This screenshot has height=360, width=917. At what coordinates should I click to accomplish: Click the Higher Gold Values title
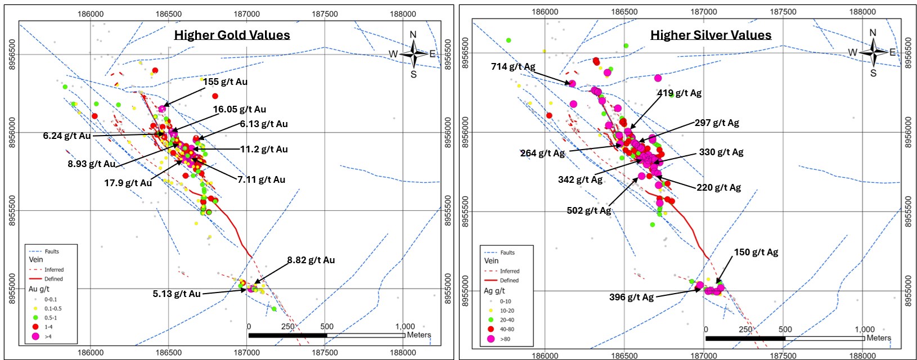point(232,35)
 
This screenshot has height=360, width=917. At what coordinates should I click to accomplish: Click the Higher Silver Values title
point(711,35)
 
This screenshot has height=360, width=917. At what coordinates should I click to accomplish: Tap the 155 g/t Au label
point(225,82)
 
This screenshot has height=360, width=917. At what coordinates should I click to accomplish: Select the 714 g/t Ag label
point(513,66)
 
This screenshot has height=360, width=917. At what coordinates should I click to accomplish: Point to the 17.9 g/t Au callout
point(128,183)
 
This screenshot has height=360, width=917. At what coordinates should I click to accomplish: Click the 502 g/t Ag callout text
point(588,210)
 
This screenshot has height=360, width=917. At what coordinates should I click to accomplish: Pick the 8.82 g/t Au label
point(311,260)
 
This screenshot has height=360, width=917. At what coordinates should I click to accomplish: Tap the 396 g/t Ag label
point(631,297)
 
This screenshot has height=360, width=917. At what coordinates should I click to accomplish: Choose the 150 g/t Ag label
point(756,252)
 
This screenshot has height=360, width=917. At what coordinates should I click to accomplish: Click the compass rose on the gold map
point(413,54)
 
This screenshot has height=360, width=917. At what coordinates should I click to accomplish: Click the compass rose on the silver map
point(873,52)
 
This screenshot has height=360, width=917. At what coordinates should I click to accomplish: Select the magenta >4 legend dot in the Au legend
point(35,336)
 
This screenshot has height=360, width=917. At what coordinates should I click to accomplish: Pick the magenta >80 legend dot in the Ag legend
point(491,339)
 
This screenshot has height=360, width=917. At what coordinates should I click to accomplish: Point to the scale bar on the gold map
point(326,335)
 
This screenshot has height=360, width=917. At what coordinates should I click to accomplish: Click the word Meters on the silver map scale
point(879,338)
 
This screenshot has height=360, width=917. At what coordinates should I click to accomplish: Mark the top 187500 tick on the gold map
point(325,14)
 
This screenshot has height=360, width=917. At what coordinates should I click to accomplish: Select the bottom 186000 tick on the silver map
point(545,355)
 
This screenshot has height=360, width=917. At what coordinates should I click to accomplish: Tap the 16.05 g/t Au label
point(239,109)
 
